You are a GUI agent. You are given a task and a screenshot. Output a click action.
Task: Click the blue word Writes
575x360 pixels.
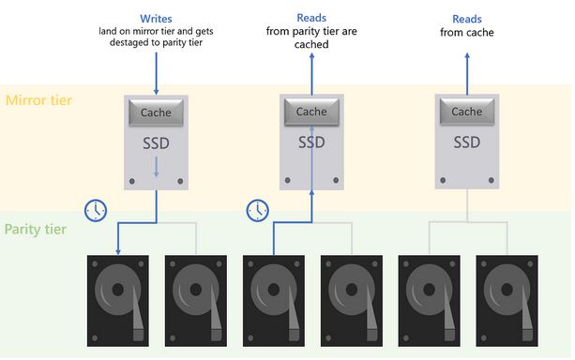point(156,19)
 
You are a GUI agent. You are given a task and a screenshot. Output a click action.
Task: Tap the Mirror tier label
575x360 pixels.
point(38,100)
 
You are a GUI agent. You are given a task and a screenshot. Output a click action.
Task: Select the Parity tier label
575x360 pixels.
point(36,230)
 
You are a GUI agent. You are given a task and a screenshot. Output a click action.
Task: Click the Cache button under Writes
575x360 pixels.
point(156,112)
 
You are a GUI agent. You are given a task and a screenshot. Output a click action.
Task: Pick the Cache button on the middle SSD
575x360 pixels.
point(311,112)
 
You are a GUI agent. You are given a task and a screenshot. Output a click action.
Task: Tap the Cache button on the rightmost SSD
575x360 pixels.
point(467,112)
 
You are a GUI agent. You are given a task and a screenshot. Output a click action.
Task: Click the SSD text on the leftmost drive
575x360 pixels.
point(156,143)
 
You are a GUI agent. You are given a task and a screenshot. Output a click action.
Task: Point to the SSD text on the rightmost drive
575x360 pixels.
point(467,142)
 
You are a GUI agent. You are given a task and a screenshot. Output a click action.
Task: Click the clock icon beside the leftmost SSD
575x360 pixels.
point(96,210)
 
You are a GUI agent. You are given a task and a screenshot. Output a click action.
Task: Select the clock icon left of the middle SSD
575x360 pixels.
point(257,210)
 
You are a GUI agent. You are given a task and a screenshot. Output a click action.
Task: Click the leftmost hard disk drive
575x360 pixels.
point(117,301)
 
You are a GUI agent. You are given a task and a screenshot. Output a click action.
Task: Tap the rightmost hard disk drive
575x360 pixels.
point(507,301)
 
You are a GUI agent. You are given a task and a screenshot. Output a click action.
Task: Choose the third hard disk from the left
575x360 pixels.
point(274,301)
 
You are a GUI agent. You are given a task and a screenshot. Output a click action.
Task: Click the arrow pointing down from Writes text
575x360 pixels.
point(157,73)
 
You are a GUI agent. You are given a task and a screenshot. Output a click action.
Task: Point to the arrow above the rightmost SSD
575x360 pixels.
point(467,74)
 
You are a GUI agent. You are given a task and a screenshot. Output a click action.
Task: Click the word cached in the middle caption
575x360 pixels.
point(311,44)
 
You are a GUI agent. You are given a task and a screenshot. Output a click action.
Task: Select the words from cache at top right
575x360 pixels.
point(467,33)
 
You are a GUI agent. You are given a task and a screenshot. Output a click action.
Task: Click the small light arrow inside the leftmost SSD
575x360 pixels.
point(157,167)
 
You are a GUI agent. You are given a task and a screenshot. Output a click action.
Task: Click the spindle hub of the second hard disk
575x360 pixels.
point(196,290)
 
